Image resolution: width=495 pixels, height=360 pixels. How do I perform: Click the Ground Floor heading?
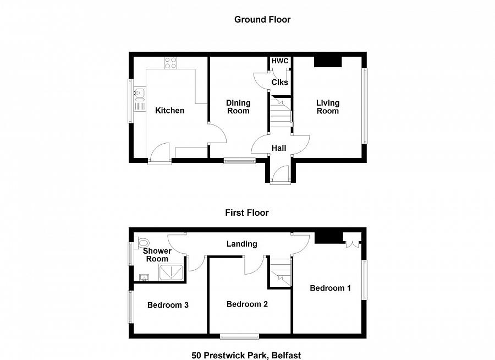click(262, 20)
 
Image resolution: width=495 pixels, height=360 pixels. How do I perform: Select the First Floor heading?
click(247, 212)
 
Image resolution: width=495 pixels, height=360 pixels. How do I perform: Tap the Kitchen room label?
click(169, 110)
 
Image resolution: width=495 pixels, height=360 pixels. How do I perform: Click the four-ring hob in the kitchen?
click(170, 63)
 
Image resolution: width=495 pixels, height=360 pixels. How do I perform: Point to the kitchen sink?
click(139, 93)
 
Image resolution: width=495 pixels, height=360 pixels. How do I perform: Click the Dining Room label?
click(238, 107)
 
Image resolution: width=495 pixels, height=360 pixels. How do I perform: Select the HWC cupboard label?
click(280, 61)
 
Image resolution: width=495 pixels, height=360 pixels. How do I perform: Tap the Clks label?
click(280, 82)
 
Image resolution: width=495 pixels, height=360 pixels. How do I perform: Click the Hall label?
click(279, 148)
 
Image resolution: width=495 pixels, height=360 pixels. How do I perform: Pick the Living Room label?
click(328, 107)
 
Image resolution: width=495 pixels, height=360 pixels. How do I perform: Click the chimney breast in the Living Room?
click(328, 62)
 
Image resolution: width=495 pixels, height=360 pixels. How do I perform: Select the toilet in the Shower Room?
click(144, 243)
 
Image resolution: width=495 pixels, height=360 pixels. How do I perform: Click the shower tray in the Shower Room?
click(171, 272)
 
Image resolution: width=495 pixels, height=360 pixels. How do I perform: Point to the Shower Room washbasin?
click(144, 277)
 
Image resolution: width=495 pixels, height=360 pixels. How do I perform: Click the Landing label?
click(242, 244)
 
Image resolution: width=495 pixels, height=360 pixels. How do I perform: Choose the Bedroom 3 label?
click(168, 305)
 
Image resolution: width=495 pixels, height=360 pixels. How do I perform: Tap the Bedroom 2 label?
click(247, 304)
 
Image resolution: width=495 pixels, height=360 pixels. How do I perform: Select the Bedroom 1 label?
click(330, 288)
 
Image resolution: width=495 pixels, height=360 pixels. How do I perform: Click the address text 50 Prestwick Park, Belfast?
click(246, 355)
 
